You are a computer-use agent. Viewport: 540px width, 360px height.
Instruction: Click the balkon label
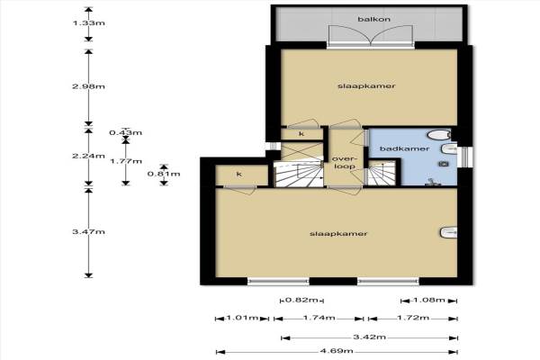[374, 19]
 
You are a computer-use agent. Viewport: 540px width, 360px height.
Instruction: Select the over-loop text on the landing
[344, 163]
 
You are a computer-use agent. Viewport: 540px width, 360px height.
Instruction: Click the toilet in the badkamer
[439, 135]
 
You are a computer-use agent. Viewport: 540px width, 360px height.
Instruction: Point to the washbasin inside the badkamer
[449, 149]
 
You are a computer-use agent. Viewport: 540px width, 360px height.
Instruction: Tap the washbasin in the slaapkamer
[448, 232]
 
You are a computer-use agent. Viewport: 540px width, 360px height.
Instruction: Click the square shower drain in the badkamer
[444, 164]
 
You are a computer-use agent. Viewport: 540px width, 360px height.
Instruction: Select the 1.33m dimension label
[88, 23]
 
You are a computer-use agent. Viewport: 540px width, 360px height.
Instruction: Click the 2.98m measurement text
[88, 86]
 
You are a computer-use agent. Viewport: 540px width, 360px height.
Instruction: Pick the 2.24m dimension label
[88, 156]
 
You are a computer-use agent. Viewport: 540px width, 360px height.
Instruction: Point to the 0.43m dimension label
[126, 132]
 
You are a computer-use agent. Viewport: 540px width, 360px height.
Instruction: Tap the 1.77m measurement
[126, 161]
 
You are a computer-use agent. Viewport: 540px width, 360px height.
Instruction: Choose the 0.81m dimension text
[164, 174]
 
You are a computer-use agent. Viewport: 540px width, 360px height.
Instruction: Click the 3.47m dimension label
[88, 232]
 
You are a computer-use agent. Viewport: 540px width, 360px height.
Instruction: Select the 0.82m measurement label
[302, 300]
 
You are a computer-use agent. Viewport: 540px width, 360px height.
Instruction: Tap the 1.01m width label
[242, 318]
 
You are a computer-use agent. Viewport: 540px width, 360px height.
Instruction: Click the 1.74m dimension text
[319, 318]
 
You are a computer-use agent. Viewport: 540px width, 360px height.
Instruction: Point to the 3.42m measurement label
[370, 337]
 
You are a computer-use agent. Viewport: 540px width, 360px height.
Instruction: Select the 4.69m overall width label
[337, 351]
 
